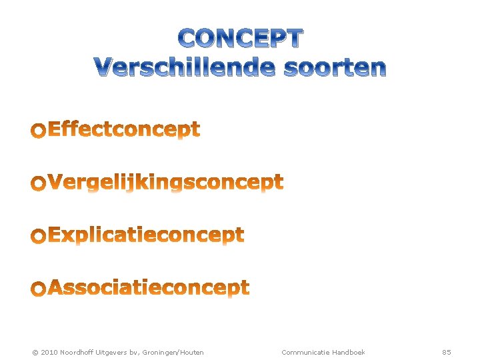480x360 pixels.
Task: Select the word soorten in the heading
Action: coord(335,67)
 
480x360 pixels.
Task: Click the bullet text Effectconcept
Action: coord(124,129)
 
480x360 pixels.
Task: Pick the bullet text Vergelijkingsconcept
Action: coord(166,183)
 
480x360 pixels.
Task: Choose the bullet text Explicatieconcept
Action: coord(146,235)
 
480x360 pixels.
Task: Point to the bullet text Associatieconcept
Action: coord(149,288)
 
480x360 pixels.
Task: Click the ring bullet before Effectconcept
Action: coord(39,131)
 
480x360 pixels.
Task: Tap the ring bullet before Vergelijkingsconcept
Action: coord(39,184)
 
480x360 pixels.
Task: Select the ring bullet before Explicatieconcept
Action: coord(39,237)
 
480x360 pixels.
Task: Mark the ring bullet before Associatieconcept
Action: coord(39,289)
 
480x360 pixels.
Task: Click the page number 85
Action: coord(447,352)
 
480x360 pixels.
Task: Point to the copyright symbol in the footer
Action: coord(35,352)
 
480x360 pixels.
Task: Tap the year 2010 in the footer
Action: coord(49,352)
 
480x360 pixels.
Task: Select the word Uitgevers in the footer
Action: coord(113,352)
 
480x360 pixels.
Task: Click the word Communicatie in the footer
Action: coord(305,352)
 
